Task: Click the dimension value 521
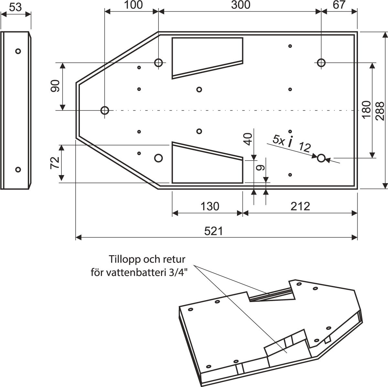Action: click(x=214, y=231)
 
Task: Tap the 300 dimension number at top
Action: click(x=241, y=5)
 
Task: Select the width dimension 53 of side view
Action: click(x=16, y=7)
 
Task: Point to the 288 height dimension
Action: click(x=380, y=111)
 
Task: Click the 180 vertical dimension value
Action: click(x=366, y=110)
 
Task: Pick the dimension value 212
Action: click(x=300, y=206)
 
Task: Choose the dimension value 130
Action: click(x=210, y=206)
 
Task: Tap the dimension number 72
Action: click(x=55, y=162)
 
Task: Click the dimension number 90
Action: click(x=55, y=86)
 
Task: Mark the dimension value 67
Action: click(x=339, y=5)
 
